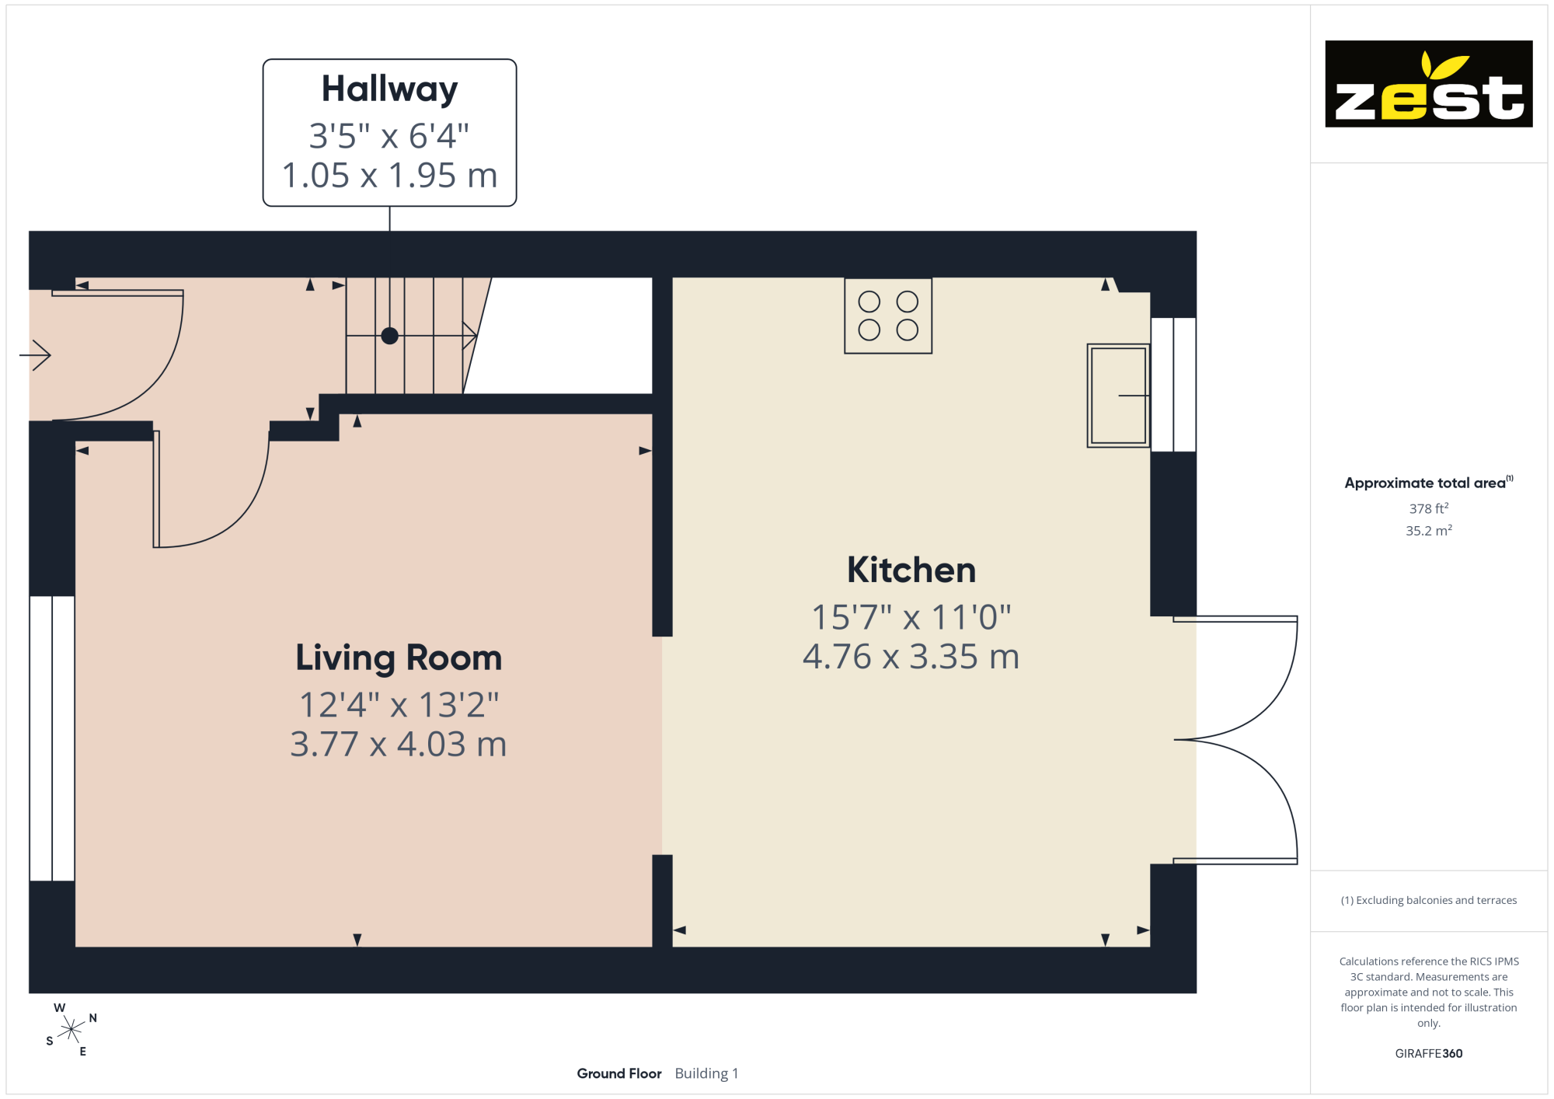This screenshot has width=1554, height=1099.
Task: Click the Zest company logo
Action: pyautogui.click(x=1428, y=84)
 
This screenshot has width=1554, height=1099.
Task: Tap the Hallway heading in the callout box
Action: pyautogui.click(x=389, y=89)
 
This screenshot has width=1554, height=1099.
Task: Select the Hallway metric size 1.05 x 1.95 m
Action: pyautogui.click(x=389, y=176)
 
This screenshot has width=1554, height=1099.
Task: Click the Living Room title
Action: pyautogui.click(x=399, y=658)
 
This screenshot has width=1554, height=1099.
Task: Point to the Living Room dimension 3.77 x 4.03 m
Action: pyautogui.click(x=399, y=745)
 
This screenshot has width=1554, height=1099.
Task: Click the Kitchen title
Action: pyautogui.click(x=911, y=570)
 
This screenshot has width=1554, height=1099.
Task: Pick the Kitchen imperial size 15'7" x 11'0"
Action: pyautogui.click(x=911, y=617)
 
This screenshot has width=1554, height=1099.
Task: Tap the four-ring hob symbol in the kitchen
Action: pyautogui.click(x=888, y=316)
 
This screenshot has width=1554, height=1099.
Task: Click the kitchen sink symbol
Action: pyautogui.click(x=1118, y=396)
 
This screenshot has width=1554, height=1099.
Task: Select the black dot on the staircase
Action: pyautogui.click(x=390, y=336)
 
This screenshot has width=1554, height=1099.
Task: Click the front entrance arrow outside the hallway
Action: pyautogui.click(x=35, y=356)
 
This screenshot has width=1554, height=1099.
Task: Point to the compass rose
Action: pyautogui.click(x=71, y=1030)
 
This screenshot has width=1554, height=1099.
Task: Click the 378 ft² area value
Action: pyautogui.click(x=1429, y=508)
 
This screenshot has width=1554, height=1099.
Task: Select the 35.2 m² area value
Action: pyautogui.click(x=1429, y=531)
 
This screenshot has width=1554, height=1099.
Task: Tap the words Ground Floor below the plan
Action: pyautogui.click(x=619, y=1073)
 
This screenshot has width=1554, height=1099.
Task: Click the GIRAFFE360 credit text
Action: pyautogui.click(x=1429, y=1054)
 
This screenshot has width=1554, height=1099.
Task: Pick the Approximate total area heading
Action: pyautogui.click(x=1429, y=483)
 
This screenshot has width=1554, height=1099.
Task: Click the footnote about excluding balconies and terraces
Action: pyautogui.click(x=1429, y=900)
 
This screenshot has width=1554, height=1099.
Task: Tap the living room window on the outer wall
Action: pyautogui.click(x=52, y=738)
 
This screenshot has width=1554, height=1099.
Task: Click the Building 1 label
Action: pyautogui.click(x=706, y=1073)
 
